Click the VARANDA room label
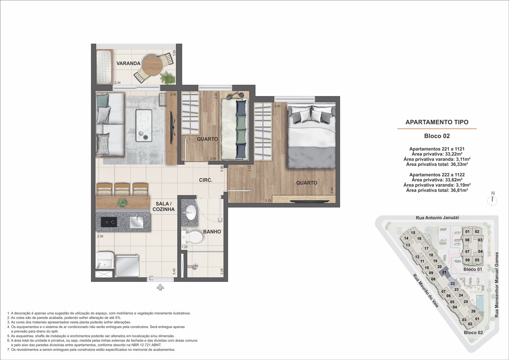[128, 63]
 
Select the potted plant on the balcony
[168, 77]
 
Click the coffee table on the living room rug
[144, 126]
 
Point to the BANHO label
[212, 232]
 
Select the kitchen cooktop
[109, 222]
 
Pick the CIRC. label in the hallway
[206, 180]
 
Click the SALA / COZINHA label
[163, 206]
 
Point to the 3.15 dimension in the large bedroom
[268, 201]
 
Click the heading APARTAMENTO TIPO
[437, 122]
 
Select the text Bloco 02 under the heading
[437, 136]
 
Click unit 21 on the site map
[444, 272]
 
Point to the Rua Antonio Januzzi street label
[437, 217]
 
